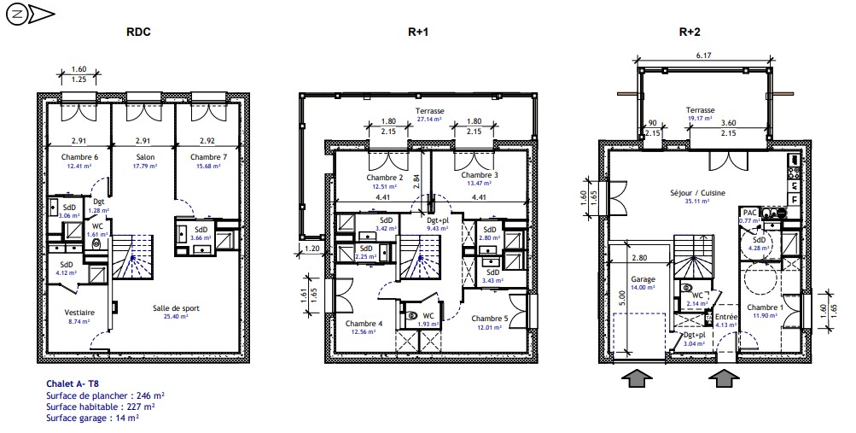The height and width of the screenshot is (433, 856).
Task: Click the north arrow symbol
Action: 30,15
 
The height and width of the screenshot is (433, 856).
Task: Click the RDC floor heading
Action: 138,32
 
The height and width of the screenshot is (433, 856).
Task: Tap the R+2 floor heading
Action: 690,32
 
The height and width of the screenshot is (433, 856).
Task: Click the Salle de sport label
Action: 176,308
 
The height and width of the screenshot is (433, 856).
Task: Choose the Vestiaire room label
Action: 79,313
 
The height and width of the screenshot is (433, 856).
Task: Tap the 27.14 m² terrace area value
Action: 429,119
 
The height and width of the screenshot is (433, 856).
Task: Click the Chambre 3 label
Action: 480,175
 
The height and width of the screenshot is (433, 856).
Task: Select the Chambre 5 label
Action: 490,319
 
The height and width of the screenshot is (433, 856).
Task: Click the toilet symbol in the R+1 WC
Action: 412,315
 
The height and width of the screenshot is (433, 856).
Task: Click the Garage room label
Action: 643,279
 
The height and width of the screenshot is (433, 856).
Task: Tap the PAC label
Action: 749,213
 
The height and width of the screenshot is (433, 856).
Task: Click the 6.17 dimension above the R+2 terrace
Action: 703,56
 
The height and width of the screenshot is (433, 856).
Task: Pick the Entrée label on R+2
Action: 726,317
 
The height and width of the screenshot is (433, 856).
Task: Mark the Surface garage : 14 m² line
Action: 92,418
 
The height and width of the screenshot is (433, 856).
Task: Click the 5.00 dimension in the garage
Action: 624,297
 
